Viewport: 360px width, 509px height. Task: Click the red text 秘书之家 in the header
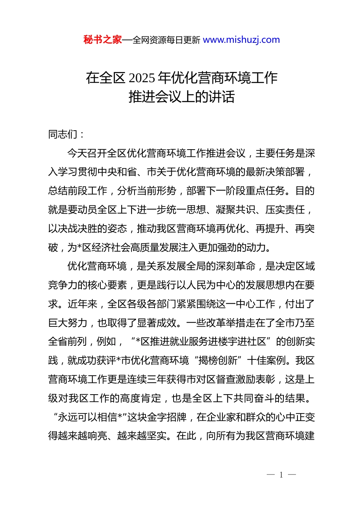pyautogui.click(x=102, y=40)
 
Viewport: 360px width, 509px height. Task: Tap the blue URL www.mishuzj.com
pyautogui.click(x=241, y=40)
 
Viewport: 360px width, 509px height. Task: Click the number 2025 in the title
pyautogui.click(x=142, y=78)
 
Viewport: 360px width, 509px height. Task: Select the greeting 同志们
pyautogui.click(x=63, y=134)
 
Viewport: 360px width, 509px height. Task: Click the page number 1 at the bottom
pyautogui.click(x=281, y=475)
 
